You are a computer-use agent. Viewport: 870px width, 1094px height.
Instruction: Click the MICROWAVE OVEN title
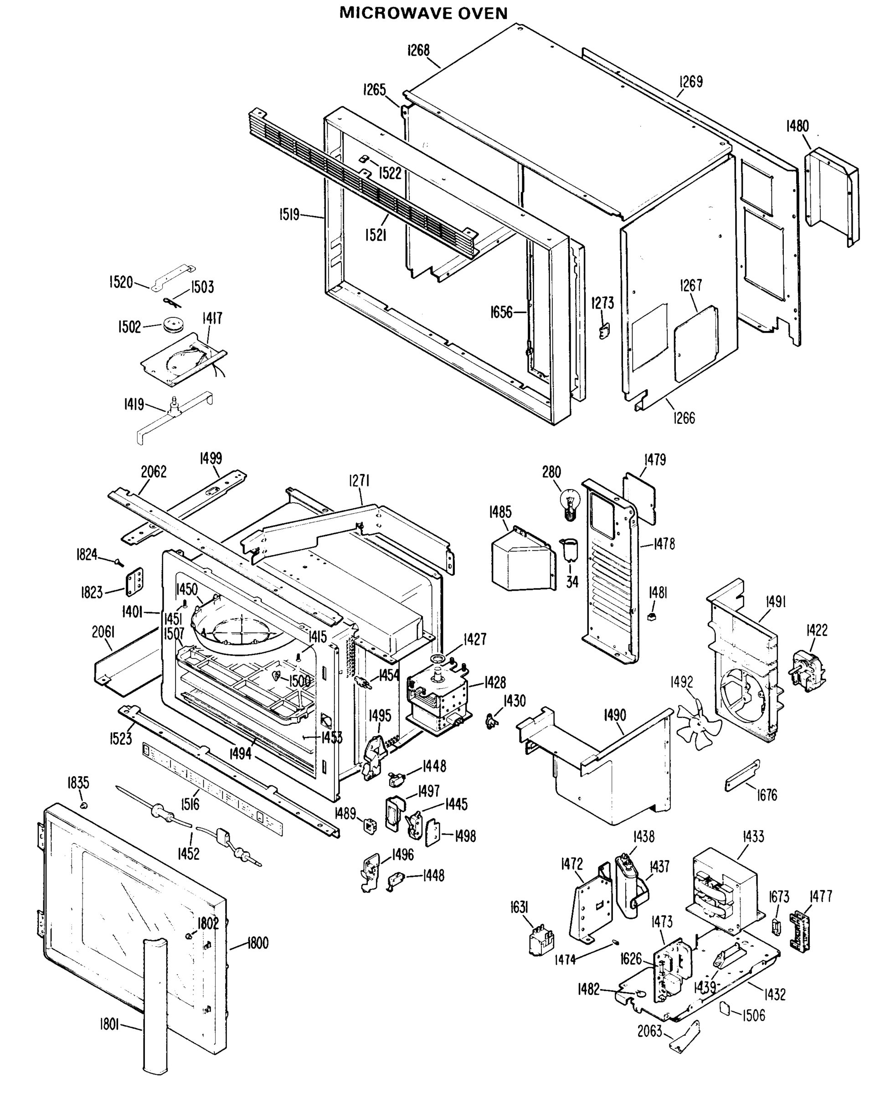(x=423, y=13)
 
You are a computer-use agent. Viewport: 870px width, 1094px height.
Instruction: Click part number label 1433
(x=753, y=836)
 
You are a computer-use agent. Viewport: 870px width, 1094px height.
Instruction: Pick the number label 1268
(x=418, y=50)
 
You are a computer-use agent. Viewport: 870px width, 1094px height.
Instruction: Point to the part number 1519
(x=289, y=215)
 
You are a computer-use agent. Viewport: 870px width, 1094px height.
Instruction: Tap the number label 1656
(x=501, y=312)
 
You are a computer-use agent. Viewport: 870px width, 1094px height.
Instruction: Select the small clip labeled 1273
(x=604, y=331)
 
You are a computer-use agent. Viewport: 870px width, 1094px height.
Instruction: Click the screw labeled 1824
(x=118, y=562)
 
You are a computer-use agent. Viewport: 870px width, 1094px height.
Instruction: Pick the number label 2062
(x=154, y=471)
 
